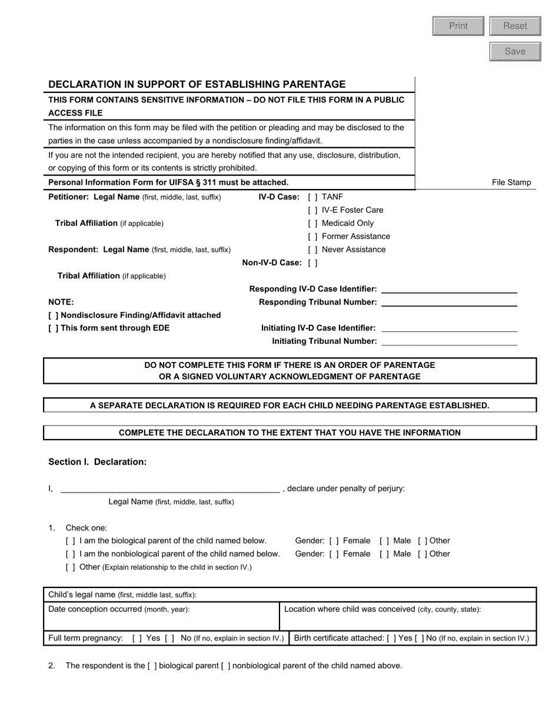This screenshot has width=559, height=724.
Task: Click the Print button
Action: point(458,26)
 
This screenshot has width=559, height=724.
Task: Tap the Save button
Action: point(515,51)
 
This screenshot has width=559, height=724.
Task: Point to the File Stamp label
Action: point(511,182)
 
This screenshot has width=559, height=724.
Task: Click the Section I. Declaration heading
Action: point(97,462)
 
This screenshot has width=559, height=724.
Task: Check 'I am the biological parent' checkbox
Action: point(71,541)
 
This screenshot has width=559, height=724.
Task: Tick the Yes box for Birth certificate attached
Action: point(391,638)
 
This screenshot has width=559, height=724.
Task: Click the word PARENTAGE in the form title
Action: point(317,84)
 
